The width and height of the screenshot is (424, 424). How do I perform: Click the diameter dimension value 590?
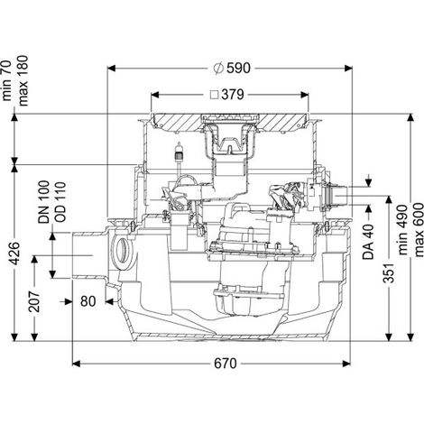coord(238,69)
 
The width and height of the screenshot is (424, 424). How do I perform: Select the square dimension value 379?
coord(233,95)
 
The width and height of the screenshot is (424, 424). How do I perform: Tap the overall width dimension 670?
coord(226,364)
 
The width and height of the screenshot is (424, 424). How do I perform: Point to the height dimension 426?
coord(14,253)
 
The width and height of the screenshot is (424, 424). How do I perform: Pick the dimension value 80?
coord(88,301)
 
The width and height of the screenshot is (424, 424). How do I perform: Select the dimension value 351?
coord(390,272)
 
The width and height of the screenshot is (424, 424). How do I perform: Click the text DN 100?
coord(44,202)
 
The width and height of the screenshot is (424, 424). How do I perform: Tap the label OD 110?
coord(60,202)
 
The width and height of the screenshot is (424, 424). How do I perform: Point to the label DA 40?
coord(369,242)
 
